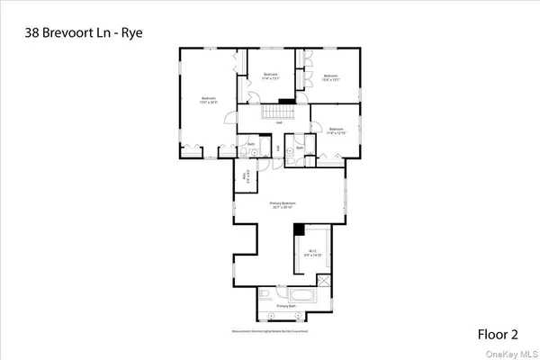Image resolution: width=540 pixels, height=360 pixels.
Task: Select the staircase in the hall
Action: (x=271, y=111)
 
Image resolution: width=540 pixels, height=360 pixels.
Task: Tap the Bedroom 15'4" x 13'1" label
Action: (x=329, y=76)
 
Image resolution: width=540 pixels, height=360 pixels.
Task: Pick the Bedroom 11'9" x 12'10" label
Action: (x=337, y=130)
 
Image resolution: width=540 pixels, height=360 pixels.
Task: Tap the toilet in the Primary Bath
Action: (x=262, y=294)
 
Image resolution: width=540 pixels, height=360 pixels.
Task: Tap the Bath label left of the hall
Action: (x=252, y=142)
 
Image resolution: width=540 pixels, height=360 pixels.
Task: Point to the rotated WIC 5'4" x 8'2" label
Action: (x=244, y=177)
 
